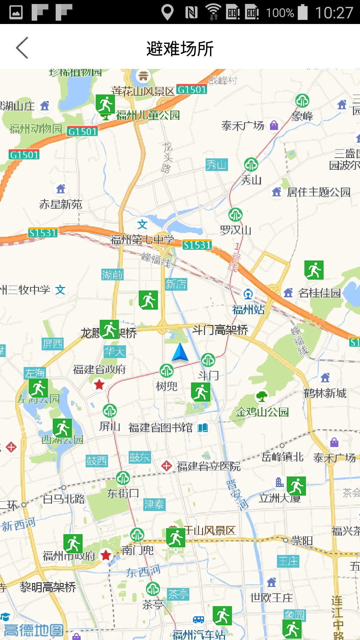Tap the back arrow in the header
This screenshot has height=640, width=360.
22,48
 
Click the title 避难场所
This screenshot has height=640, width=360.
180,49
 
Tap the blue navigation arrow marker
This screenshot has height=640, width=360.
180,352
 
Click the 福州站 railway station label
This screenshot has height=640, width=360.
248,310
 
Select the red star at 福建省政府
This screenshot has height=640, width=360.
99,385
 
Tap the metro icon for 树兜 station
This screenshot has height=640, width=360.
167,371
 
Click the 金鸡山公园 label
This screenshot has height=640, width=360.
262,412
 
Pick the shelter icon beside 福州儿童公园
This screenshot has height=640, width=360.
105,104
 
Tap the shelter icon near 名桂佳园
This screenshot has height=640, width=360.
314,270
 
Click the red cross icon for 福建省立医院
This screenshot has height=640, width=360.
166,466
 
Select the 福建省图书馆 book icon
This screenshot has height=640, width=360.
203,427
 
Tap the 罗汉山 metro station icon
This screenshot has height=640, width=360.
235,215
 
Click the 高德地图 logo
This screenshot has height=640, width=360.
33,630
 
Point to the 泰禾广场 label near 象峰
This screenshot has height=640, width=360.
243,126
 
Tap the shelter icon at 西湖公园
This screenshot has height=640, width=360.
62,428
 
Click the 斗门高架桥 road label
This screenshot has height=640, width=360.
220,330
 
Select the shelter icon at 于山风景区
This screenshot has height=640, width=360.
175,537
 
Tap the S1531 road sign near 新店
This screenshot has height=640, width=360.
197,245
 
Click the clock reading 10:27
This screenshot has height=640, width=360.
334,13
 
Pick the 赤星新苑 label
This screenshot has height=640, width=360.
61,204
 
